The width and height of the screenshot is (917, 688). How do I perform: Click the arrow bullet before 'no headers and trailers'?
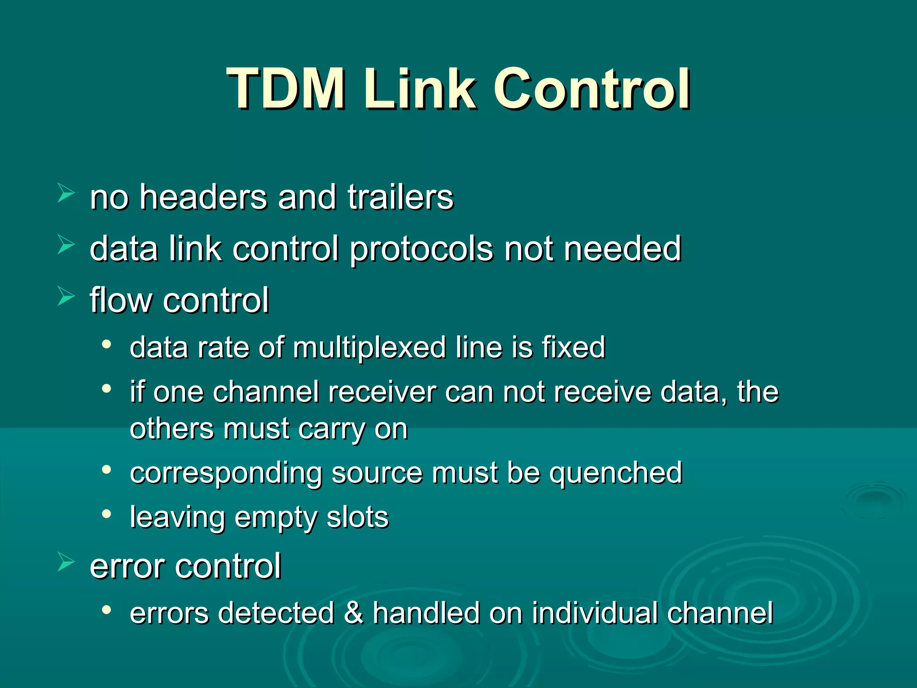tap(66, 193)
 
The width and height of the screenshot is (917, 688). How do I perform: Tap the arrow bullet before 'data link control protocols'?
tap(66, 245)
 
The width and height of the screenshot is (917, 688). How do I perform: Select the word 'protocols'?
tap(421, 249)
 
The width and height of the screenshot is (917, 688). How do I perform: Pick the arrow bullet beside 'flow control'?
tap(66, 297)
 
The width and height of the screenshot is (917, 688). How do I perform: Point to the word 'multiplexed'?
tap(369, 348)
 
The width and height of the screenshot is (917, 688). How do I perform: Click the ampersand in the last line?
tap(353, 612)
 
